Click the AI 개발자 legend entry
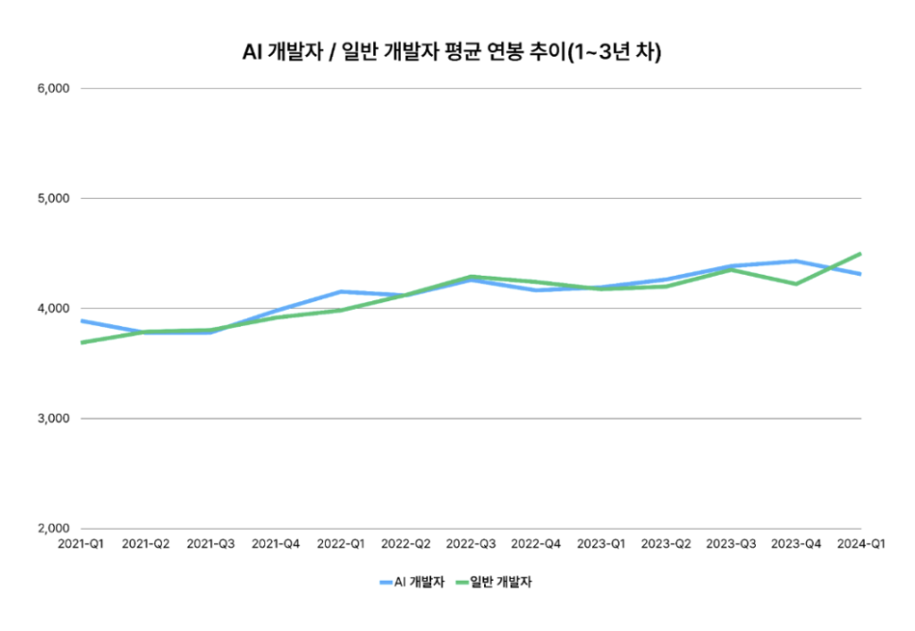[412, 582]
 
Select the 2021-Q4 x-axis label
[276, 545]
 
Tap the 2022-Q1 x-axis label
[340, 545]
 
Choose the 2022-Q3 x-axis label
[471, 545]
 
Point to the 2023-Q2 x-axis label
[666, 545]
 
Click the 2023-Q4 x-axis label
[796, 545]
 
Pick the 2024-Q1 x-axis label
[860, 545]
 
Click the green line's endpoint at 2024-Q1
[860, 254]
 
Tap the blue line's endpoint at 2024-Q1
[860, 274]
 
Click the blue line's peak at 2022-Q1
[341, 292]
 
